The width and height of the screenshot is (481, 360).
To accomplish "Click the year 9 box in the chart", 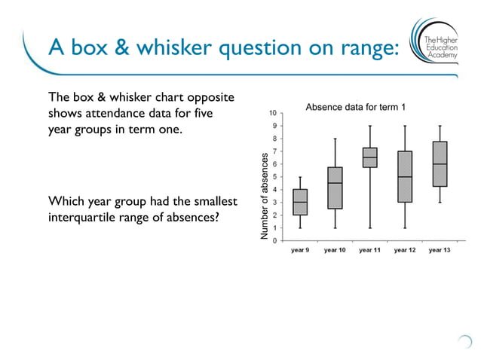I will (x=300, y=202).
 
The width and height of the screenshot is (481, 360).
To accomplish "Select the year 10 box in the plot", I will (x=335, y=188).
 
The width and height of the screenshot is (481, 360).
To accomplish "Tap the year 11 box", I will (x=369, y=157).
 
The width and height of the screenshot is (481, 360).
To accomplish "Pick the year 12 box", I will (x=405, y=176).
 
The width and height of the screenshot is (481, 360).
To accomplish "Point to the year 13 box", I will (x=440, y=163).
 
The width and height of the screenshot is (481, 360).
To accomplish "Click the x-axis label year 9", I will (x=300, y=250).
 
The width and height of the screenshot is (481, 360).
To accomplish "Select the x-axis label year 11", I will (x=369, y=250).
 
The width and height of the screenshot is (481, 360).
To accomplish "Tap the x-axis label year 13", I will (x=440, y=250).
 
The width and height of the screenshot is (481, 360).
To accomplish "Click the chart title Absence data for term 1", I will (x=355, y=108).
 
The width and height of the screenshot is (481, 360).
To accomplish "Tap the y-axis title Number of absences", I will (x=264, y=196).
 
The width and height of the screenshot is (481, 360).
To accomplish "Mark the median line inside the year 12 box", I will (x=405, y=177).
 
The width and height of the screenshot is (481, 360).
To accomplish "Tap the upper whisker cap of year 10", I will (x=335, y=139).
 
